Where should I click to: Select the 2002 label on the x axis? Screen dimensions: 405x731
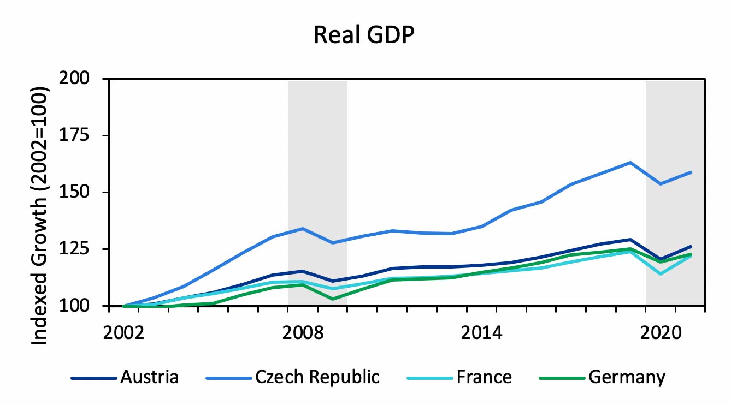coord(124,333)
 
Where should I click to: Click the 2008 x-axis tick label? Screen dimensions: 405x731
coord(303,333)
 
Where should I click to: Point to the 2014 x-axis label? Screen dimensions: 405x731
coord(481,333)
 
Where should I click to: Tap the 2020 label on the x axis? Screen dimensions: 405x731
coord(660,333)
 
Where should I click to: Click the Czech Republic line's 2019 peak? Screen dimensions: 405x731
coord(630,163)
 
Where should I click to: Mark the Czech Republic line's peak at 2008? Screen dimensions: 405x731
coord(303,228)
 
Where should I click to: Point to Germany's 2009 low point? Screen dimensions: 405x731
coord(332,299)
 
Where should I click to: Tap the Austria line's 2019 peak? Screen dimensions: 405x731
coord(630,239)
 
